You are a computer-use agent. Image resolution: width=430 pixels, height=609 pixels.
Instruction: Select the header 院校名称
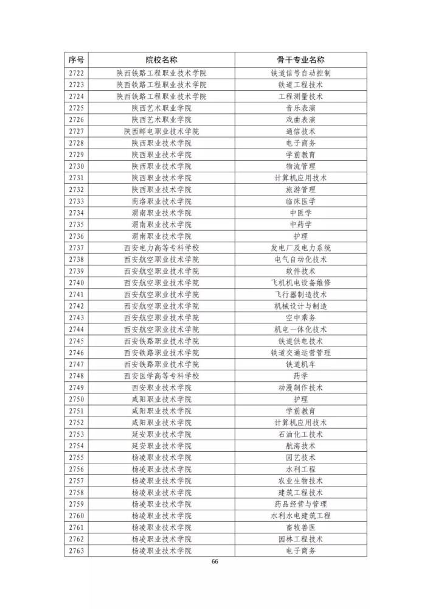point(161,60)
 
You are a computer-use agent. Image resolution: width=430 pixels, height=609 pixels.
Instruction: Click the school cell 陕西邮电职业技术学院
point(161,131)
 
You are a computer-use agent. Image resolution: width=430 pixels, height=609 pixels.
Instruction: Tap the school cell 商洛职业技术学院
point(161,201)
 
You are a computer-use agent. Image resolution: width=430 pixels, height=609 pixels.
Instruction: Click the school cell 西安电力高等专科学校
point(161,248)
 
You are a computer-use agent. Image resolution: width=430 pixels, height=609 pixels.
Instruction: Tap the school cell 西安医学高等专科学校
point(161,376)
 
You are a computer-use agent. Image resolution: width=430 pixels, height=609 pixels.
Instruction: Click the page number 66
point(215,561)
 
